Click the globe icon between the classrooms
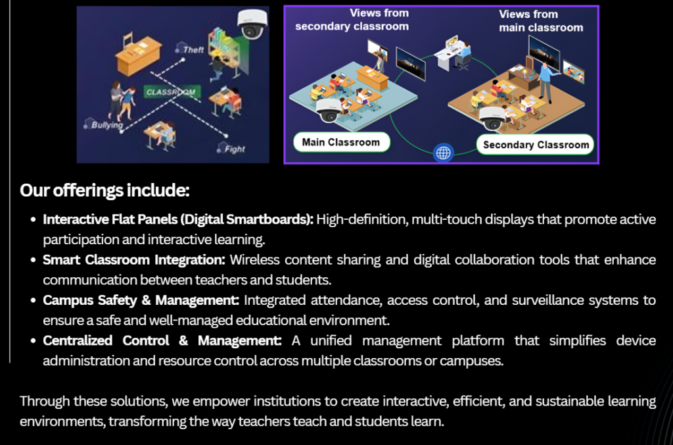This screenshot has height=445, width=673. (x=444, y=153)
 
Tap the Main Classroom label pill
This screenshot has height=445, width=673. (x=341, y=142)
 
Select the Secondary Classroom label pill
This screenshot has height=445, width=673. (x=536, y=145)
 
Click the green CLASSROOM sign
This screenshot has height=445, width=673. (x=172, y=92)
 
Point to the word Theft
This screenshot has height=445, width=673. (x=193, y=50)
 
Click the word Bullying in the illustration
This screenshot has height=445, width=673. (x=107, y=125)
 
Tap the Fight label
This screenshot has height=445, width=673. (x=235, y=149)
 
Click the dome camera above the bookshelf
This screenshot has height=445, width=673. (x=252, y=24)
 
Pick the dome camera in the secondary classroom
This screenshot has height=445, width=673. (x=492, y=118)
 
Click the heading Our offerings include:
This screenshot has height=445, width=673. (x=104, y=190)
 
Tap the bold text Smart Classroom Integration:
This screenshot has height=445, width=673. (x=134, y=259)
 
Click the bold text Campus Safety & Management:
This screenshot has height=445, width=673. (x=141, y=300)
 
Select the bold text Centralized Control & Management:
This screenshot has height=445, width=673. (x=162, y=340)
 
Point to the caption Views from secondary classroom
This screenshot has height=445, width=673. (x=352, y=20)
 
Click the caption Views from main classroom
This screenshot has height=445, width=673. (x=541, y=21)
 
